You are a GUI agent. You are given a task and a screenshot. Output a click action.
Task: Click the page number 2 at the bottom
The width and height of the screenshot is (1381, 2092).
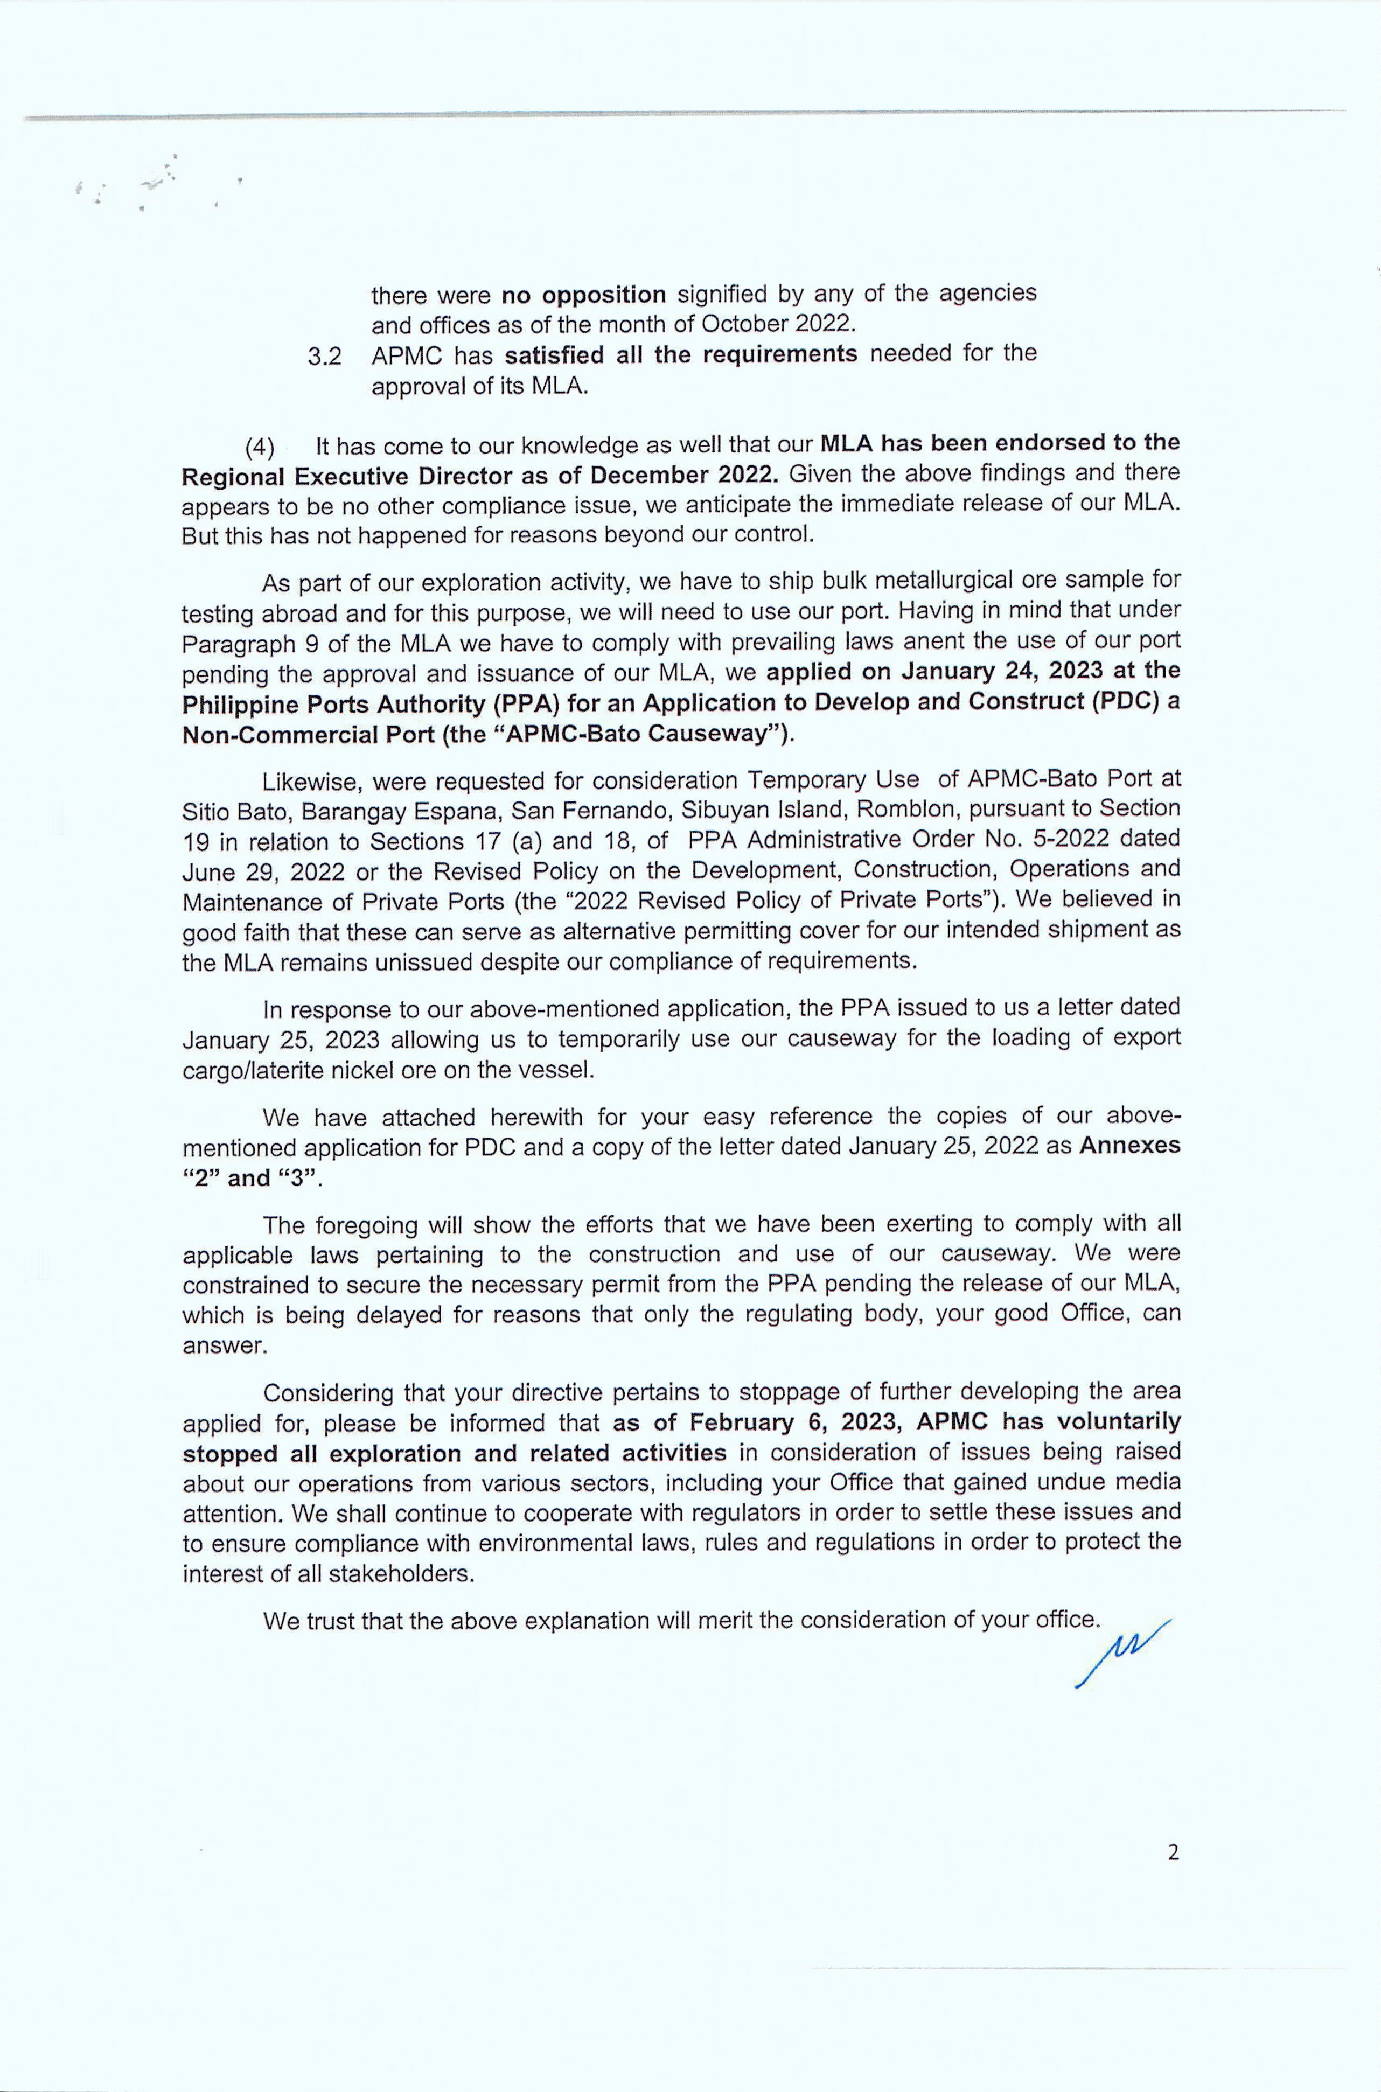pyautogui.click(x=1172, y=1852)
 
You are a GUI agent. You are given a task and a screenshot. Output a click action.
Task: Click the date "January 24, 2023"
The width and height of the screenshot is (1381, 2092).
pyautogui.click(x=982, y=671)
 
